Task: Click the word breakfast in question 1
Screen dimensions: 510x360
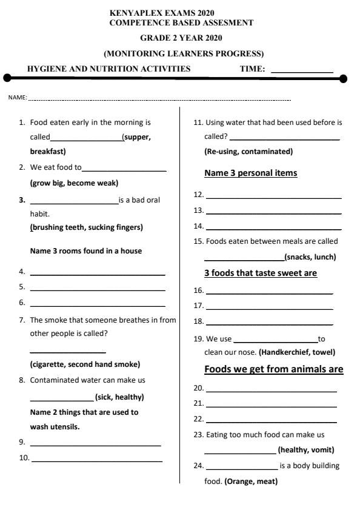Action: point(48,151)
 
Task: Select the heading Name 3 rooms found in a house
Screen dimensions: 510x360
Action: point(86,250)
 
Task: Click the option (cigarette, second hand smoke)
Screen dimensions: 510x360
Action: point(85,364)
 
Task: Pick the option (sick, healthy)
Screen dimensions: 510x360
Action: point(119,397)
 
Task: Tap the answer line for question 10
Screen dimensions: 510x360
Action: point(97,461)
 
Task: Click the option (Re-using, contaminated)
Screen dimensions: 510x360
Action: point(248,151)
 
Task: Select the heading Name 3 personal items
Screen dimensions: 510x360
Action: point(251,173)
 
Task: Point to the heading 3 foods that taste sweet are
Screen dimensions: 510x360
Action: point(261,273)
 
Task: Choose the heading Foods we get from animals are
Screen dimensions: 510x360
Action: point(274,369)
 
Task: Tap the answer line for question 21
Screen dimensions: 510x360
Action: point(272,406)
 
